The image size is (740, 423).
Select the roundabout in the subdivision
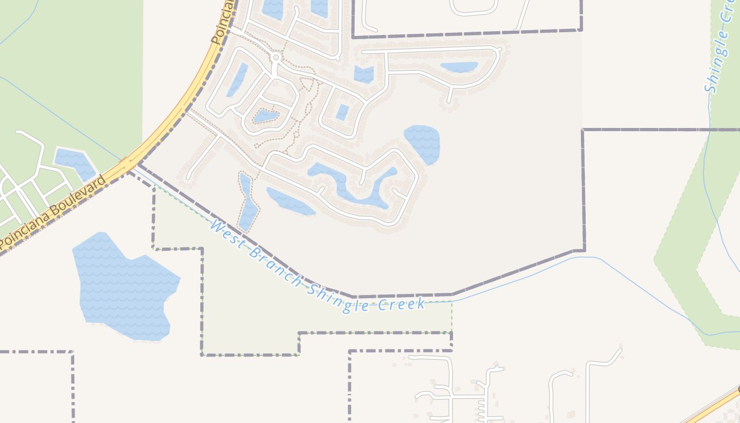click(x=275, y=57)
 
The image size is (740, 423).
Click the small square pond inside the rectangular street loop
click(x=343, y=112)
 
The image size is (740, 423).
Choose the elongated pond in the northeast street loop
click(x=459, y=67)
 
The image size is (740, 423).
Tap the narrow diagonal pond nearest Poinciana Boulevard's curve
click(x=237, y=80)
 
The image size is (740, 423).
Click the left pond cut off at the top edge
click(x=273, y=8)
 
